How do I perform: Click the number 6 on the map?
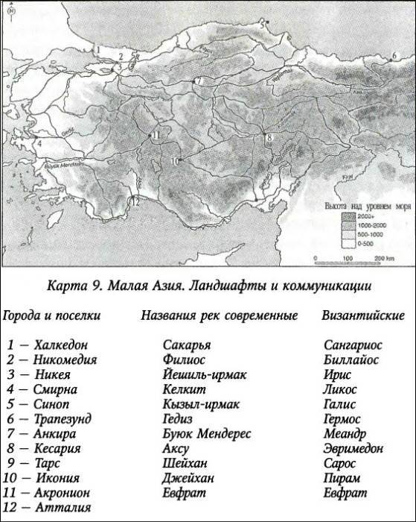click(394, 57)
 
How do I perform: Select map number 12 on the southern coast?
click(135, 201)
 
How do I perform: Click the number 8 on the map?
click(269, 138)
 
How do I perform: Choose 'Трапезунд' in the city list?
click(65, 419)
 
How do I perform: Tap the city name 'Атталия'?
click(62, 507)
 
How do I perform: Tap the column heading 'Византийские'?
click(363, 315)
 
